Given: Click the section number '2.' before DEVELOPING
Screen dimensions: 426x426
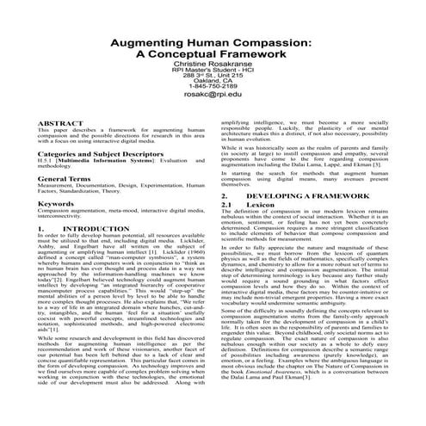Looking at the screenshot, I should pos(225,196).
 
